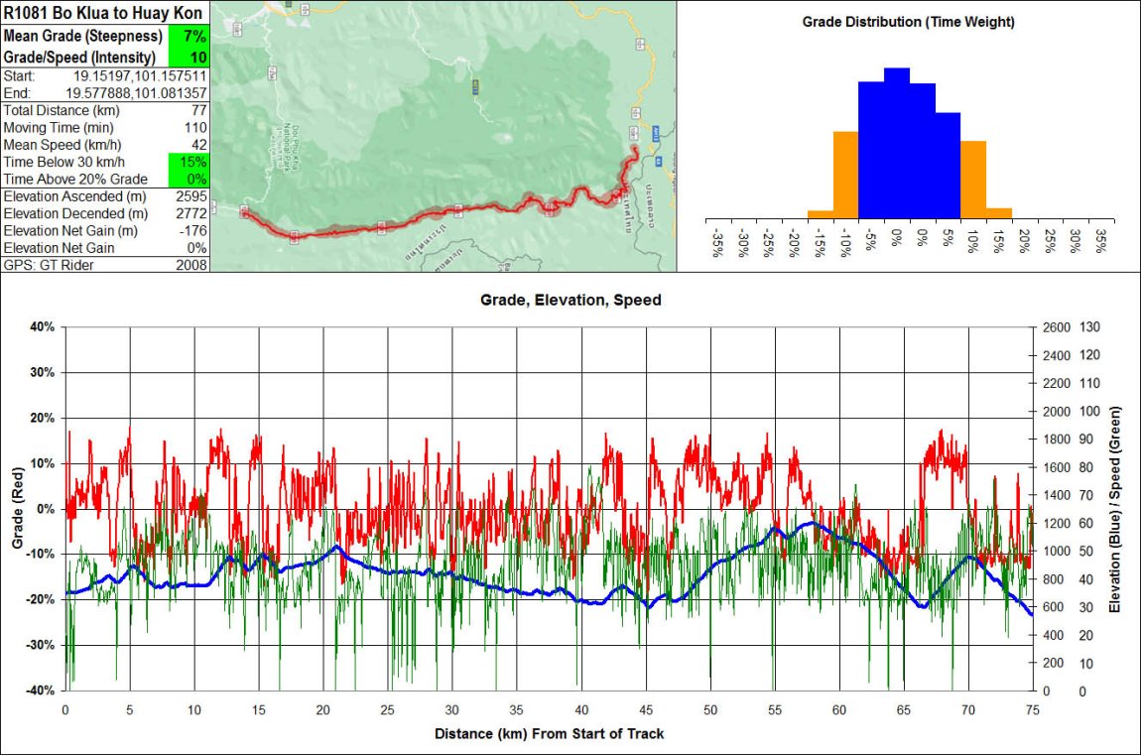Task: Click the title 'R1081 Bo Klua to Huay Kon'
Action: click(103, 13)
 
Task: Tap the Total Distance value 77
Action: click(198, 111)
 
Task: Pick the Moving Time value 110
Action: click(194, 128)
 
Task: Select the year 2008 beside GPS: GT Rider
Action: click(190, 265)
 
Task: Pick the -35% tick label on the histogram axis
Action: click(716, 244)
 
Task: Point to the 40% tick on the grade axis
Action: click(43, 326)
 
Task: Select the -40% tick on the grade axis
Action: click(41, 691)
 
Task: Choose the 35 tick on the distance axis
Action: click(517, 710)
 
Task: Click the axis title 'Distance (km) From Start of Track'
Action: click(549, 734)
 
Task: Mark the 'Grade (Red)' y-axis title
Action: click(17, 508)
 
